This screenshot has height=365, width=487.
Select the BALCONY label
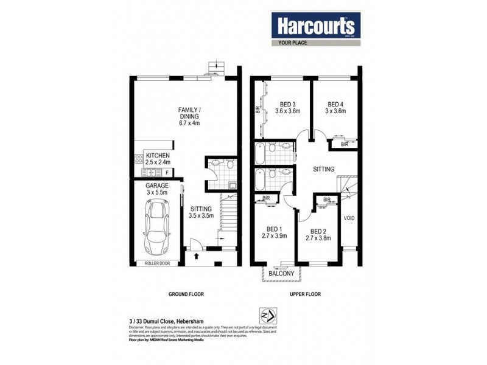(281, 274)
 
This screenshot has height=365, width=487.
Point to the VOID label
(349, 218)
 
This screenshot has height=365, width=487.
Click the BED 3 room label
(287, 107)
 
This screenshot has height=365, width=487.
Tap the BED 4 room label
(335, 107)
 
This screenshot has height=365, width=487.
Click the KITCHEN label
(157, 159)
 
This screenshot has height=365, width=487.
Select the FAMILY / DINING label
(189, 116)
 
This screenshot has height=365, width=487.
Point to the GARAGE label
(157, 189)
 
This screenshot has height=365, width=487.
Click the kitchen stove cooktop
(136, 161)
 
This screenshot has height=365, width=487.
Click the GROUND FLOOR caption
(186, 294)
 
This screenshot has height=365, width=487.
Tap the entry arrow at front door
(196, 257)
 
